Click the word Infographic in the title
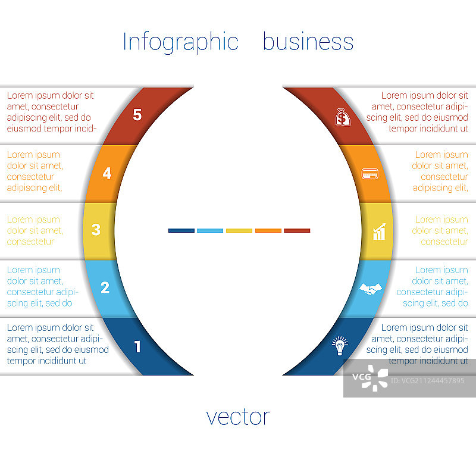click(x=180, y=42)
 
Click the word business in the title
click(x=308, y=42)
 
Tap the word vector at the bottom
click(x=238, y=417)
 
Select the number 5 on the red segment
click(x=137, y=115)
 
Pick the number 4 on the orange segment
click(x=107, y=174)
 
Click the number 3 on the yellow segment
click(x=96, y=229)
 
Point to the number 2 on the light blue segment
click(x=105, y=288)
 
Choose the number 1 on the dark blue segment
click(x=137, y=346)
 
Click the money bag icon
click(x=342, y=117)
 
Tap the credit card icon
click(x=370, y=174)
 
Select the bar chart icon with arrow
click(x=379, y=232)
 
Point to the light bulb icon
click(x=340, y=346)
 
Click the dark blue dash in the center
click(x=181, y=230)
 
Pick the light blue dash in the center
click(x=210, y=230)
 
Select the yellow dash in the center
click(x=239, y=230)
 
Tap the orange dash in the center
click(x=268, y=230)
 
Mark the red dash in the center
click(x=297, y=230)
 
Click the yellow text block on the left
click(x=35, y=231)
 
